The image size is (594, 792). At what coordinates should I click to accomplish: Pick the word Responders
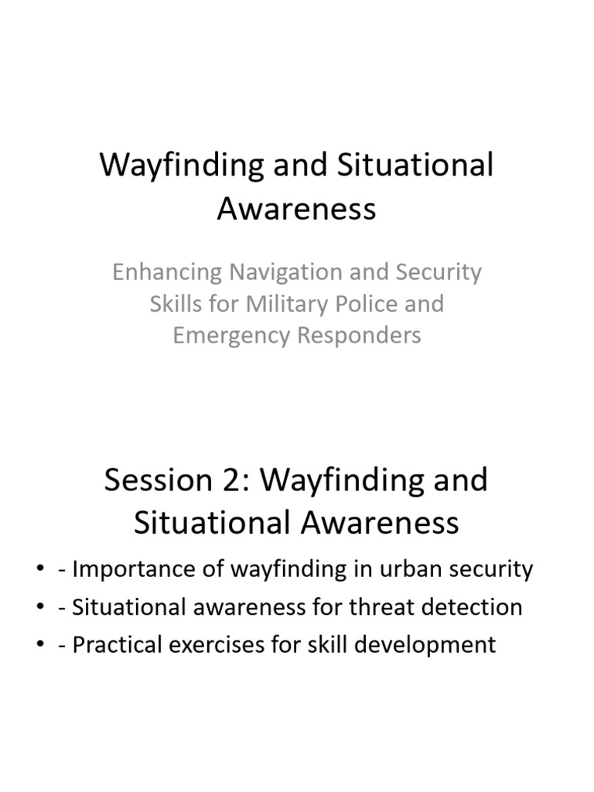point(362,336)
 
